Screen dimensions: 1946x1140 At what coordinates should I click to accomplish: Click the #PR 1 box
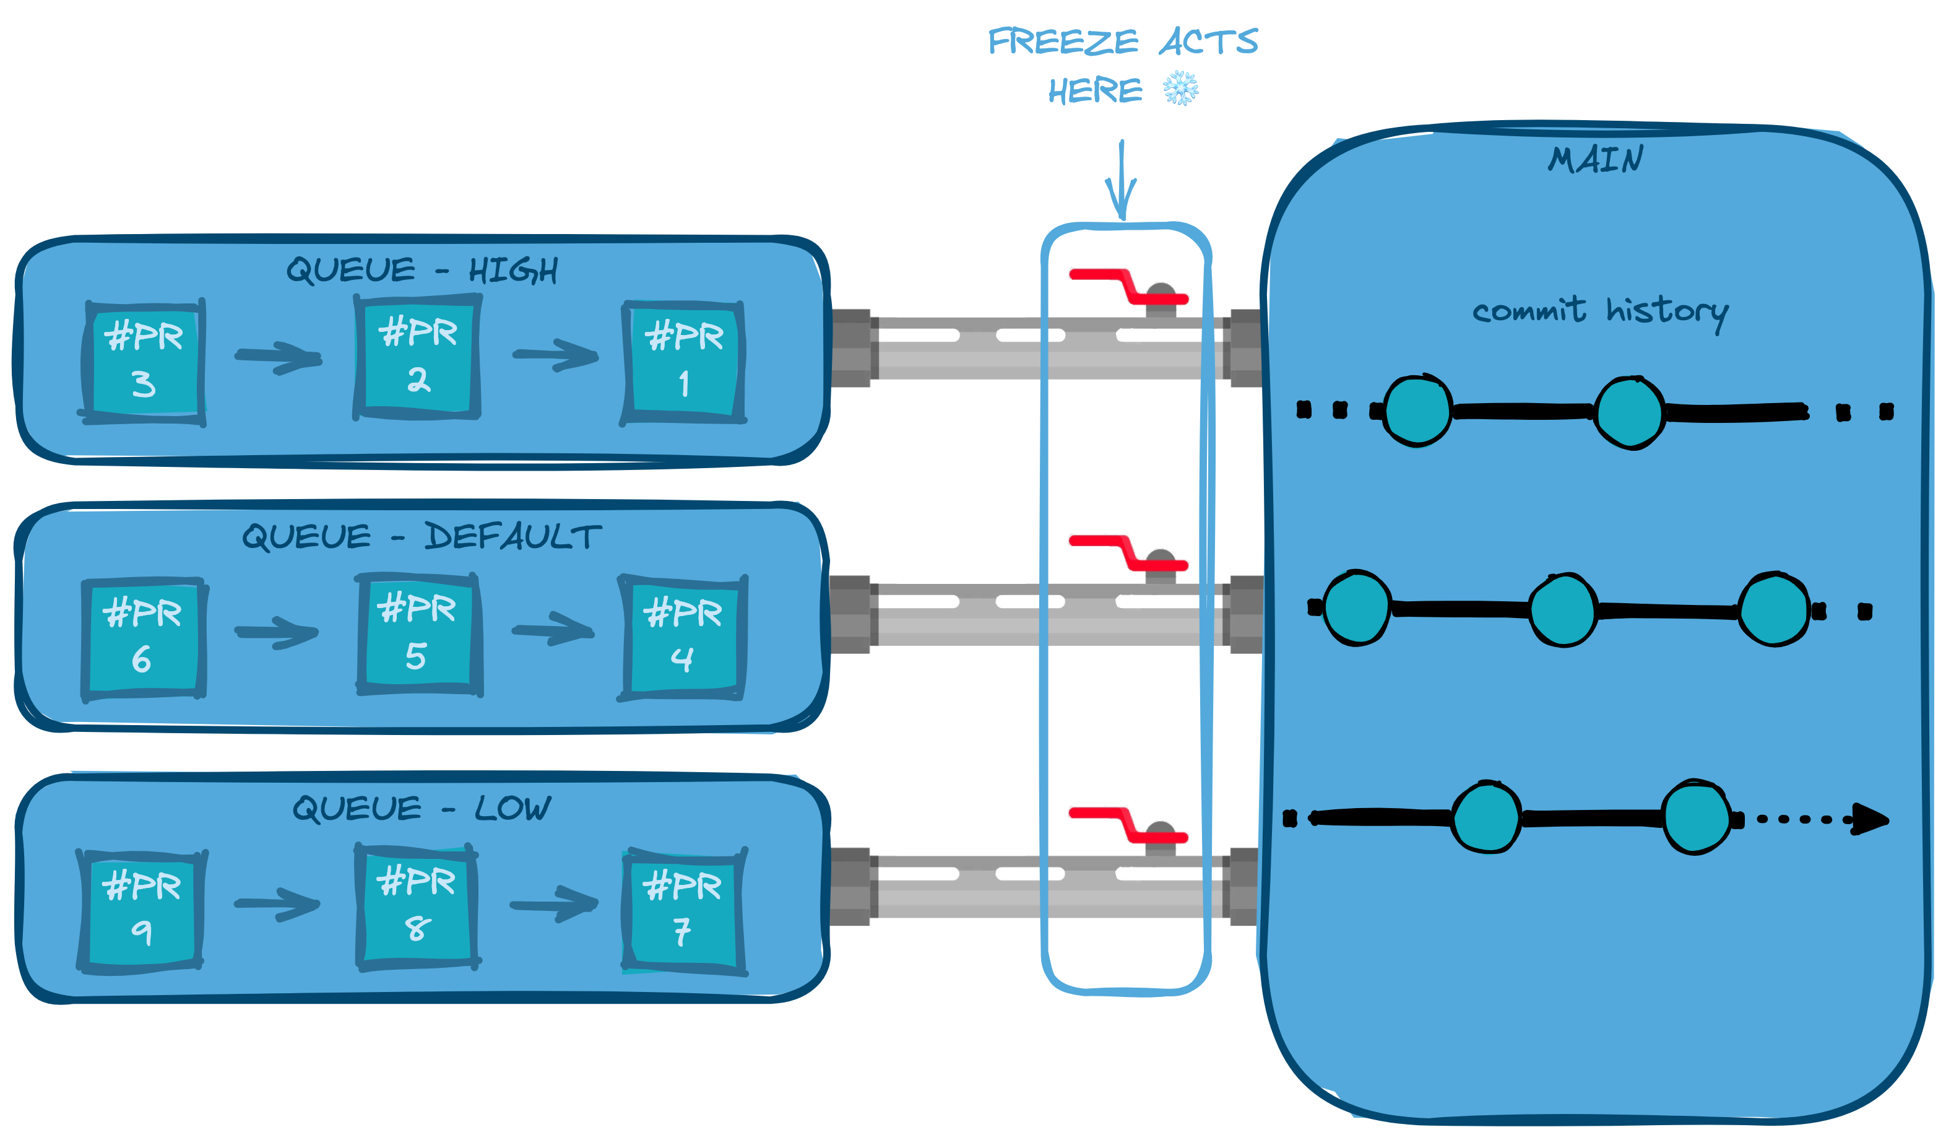click(683, 362)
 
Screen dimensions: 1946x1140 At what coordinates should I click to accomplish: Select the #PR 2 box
click(418, 357)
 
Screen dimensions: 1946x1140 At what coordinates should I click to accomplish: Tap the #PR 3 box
click(143, 362)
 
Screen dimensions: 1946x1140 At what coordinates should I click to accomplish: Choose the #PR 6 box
click(144, 640)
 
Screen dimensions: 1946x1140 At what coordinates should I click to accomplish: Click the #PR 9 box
click(141, 910)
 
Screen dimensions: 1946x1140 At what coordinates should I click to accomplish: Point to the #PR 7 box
click(684, 912)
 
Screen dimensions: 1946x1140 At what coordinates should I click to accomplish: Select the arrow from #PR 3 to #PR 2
click(279, 357)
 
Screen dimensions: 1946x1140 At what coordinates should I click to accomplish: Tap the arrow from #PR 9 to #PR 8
click(277, 903)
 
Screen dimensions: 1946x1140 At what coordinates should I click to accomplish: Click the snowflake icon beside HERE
click(1181, 88)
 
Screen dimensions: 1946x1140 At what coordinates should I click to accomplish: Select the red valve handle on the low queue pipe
click(1128, 825)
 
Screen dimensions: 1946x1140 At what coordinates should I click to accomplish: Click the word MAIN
click(1596, 159)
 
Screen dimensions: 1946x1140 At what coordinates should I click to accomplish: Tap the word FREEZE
click(1063, 41)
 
